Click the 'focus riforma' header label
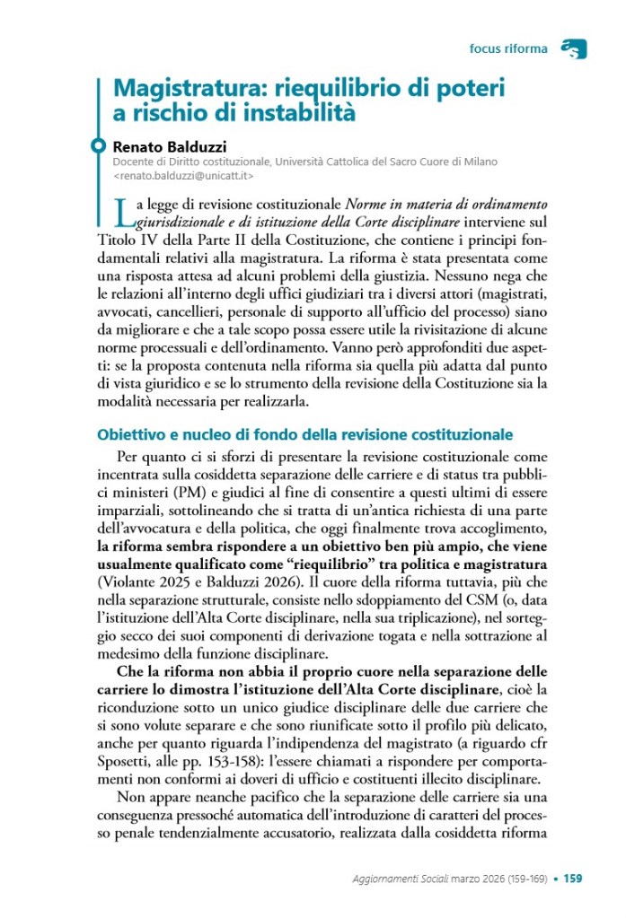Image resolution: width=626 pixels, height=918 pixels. coord(507,48)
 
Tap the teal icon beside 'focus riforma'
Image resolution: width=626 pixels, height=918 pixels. coord(572,48)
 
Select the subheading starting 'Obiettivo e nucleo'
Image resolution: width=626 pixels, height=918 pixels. coord(304,434)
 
